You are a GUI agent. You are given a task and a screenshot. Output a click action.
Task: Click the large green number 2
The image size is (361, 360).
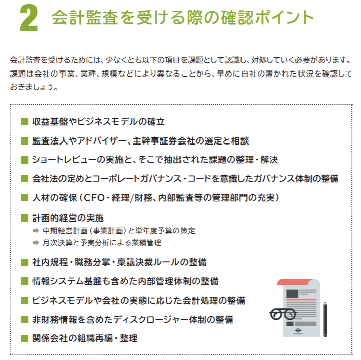(x=29, y=18)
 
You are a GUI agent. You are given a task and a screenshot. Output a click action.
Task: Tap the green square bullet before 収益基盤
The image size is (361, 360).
(x=24, y=122)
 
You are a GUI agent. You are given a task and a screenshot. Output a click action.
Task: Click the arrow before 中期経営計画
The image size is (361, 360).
(x=36, y=230)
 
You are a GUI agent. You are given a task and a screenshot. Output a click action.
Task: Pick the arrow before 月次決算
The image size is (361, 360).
(x=36, y=242)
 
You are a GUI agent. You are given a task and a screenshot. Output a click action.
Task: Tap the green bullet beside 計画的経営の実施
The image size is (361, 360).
(x=24, y=218)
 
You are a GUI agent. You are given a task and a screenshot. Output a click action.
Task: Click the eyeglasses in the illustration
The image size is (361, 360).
(x=283, y=314)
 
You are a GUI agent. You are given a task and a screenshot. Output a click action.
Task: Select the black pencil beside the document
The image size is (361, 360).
(x=325, y=320)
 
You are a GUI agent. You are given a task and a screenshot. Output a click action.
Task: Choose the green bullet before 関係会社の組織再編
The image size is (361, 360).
(x=24, y=338)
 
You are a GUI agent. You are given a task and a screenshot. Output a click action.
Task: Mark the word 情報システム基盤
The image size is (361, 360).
(x=67, y=281)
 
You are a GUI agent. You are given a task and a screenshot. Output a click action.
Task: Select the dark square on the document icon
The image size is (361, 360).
(x=292, y=294)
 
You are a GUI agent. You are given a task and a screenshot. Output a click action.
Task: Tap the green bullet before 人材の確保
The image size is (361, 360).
(x=24, y=198)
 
